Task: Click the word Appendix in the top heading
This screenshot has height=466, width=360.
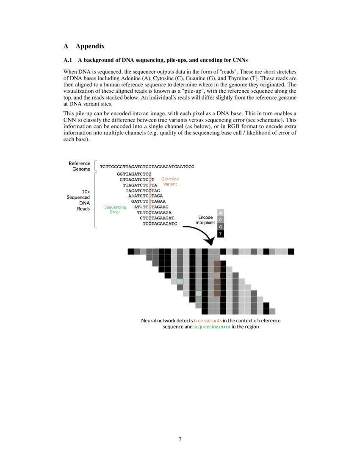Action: [90, 46]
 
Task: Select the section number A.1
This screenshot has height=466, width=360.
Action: [69, 60]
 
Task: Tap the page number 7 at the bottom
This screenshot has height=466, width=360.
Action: [180, 439]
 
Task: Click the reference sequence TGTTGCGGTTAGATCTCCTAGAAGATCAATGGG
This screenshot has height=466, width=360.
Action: [147, 166]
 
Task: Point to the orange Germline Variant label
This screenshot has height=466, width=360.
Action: [170, 182]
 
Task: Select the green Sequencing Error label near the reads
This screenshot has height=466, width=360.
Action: [115, 209]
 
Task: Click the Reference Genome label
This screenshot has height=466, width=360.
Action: [79, 166]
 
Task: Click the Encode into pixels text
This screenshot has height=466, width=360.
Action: [205, 220]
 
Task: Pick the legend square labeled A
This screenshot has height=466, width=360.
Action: [221, 212]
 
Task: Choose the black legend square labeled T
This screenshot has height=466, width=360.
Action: [221, 234]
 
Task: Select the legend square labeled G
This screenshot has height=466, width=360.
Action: [221, 227]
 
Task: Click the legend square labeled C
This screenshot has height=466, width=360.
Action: [221, 219]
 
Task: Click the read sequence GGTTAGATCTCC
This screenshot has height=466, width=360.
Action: [134, 174]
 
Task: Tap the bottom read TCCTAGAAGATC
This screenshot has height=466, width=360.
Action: [160, 223]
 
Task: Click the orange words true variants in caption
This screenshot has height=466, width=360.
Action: [208, 320]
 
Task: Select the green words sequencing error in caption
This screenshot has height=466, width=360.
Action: [212, 327]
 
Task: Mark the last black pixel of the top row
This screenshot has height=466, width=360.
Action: [291, 252]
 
